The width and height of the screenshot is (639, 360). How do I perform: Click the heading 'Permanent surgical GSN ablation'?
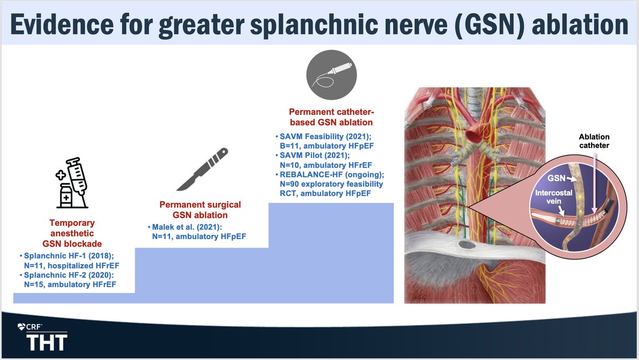201,209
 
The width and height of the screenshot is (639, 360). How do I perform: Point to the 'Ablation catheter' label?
594,141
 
